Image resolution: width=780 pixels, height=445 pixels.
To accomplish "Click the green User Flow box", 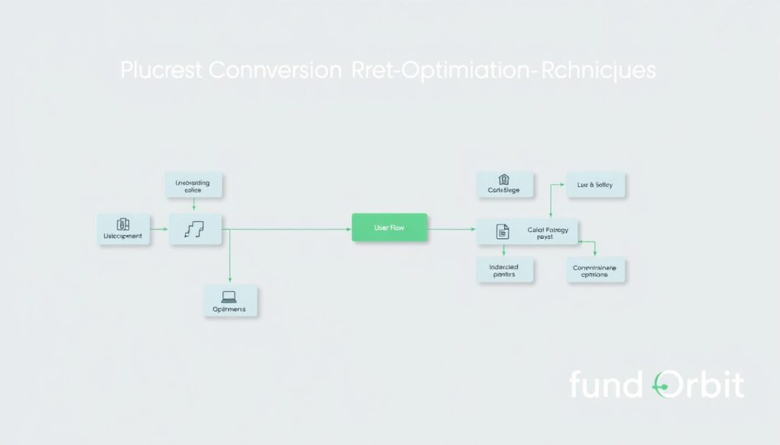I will tap(389, 227).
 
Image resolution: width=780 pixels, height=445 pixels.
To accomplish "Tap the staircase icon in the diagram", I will tap(196, 228).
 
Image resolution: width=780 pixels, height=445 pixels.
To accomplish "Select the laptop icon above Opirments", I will tap(229, 296).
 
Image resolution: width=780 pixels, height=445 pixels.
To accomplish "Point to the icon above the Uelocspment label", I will tap(123, 224).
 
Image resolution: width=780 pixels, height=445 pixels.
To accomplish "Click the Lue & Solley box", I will tap(595, 184).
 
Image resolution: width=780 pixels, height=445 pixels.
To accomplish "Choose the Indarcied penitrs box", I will tap(506, 269).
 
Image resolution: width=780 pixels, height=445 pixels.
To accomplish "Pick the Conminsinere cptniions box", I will tap(595, 270).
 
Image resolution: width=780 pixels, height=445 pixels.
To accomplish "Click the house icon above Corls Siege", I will tap(503, 180).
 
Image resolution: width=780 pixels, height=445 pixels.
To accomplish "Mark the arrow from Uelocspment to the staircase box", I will tap(158, 227).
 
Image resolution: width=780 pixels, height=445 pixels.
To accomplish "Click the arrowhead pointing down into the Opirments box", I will tap(230, 281).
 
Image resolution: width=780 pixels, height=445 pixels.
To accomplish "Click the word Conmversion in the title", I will tap(273, 71).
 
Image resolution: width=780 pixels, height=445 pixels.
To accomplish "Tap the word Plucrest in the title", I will tap(161, 71).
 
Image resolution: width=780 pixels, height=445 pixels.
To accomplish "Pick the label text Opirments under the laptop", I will tap(229, 310).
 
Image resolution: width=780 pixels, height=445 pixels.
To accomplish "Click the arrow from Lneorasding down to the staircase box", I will tap(195, 204).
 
